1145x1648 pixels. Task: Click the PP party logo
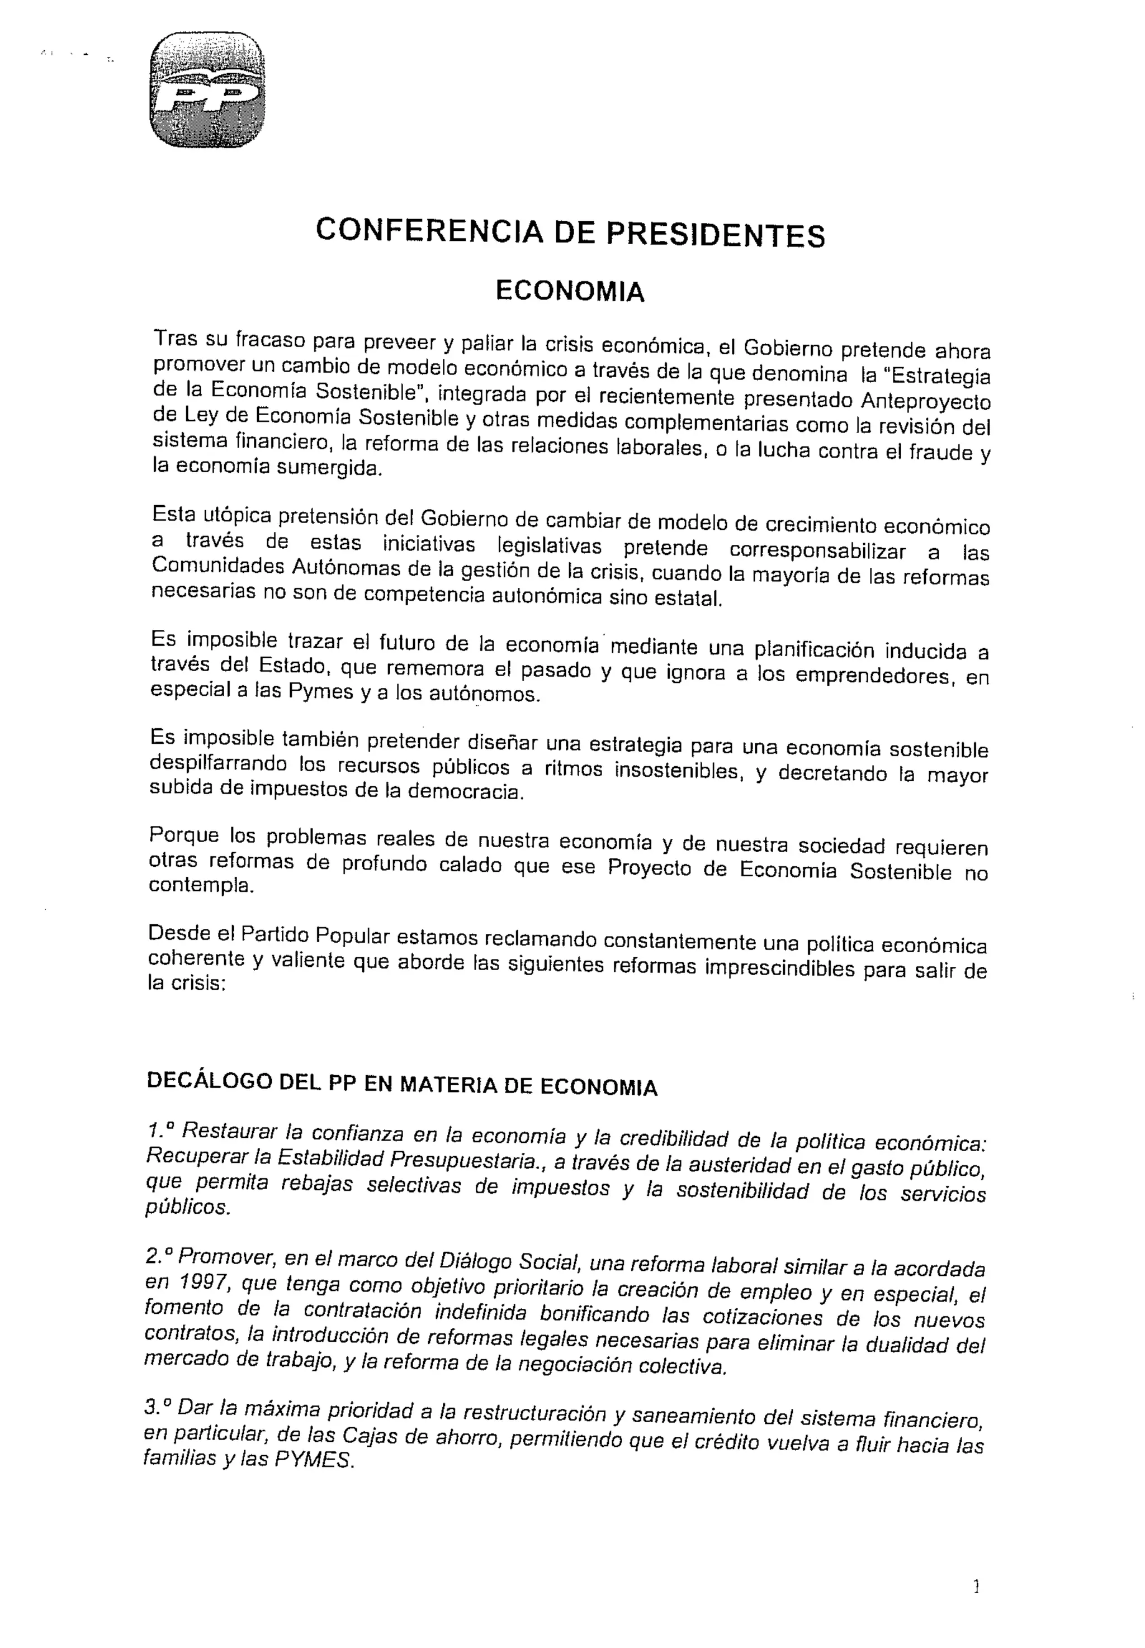(207, 91)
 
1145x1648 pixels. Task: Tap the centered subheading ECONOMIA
(570, 292)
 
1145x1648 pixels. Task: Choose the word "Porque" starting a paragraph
(184, 838)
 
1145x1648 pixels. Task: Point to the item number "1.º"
(160, 1132)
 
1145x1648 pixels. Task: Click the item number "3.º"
(158, 1408)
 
